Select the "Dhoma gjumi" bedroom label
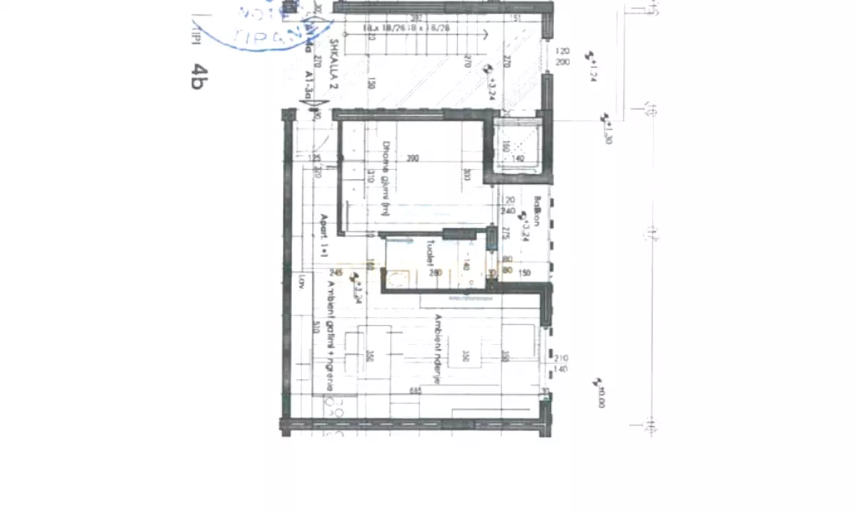(386, 177)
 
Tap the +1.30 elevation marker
(607, 128)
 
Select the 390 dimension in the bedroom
(412, 158)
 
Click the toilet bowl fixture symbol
(396, 278)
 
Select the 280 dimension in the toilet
(436, 273)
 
